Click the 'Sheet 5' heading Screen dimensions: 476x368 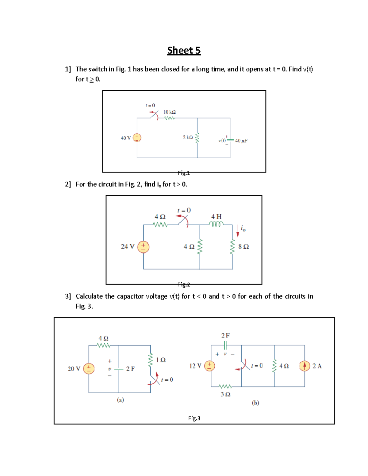point(184,50)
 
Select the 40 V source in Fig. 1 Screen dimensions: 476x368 point(137,138)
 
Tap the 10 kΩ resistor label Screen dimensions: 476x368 point(170,112)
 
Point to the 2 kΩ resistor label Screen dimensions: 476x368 point(188,137)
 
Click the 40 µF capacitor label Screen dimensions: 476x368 point(241,141)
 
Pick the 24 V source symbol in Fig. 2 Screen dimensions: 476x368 point(143,246)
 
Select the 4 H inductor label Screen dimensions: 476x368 point(216,217)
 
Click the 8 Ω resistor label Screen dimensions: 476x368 point(243,247)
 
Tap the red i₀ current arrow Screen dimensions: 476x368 point(238,231)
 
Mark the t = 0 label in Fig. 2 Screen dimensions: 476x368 point(184,210)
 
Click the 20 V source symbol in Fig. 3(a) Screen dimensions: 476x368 point(89,368)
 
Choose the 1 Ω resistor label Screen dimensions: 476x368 point(161,360)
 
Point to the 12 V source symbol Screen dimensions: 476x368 point(209,366)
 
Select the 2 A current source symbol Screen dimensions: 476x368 point(305,366)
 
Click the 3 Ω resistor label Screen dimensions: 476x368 point(225,394)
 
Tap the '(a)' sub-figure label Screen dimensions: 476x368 point(120,400)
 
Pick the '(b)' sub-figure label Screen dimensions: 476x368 point(255,403)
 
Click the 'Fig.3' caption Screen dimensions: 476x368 point(194,418)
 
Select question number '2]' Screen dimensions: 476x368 point(68,184)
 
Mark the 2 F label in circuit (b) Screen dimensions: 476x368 point(225,335)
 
